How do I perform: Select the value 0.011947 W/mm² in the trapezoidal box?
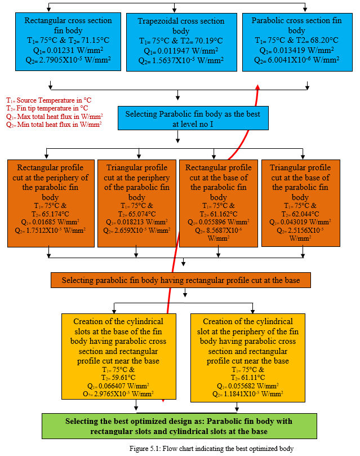pyautogui.click(x=188, y=51)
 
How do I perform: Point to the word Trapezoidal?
pyautogui.click(x=156, y=21)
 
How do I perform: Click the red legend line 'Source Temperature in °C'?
pyautogui.click(x=49, y=100)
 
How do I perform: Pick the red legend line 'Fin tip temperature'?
pyautogui.click(x=47, y=108)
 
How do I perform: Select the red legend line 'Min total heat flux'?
pyautogui.click(x=54, y=125)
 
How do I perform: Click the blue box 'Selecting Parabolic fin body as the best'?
pyautogui.click(x=193, y=118)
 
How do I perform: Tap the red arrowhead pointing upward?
pyautogui.click(x=257, y=87)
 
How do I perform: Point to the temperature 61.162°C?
pyautogui.click(x=224, y=214)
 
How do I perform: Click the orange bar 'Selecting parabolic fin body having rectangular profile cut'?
pyautogui.click(x=181, y=280)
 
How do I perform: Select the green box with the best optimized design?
pyautogui.click(x=179, y=426)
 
